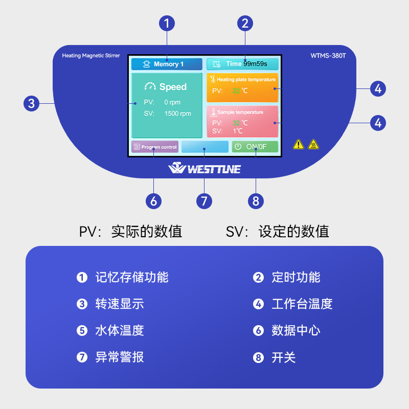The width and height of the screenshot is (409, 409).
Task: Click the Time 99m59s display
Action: tap(242, 64)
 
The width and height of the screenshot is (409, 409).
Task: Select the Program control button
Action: tap(155, 147)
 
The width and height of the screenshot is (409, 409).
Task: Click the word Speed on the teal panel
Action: tap(173, 87)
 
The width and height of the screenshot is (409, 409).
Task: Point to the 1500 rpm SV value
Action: tap(177, 113)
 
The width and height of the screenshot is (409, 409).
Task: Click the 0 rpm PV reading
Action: tap(172, 102)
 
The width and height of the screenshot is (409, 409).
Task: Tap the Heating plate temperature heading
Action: tap(246, 80)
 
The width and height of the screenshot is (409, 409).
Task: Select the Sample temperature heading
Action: tap(240, 112)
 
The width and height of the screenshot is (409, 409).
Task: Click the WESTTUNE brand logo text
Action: tap(204, 169)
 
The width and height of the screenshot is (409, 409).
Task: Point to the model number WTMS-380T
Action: tap(328, 56)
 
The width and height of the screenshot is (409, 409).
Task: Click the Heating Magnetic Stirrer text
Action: tap(90, 56)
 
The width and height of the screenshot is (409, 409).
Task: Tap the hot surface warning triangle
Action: tap(313, 144)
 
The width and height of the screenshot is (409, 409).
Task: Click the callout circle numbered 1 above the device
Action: tap(167, 23)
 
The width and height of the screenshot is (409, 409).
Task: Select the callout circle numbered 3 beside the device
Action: tap(32, 103)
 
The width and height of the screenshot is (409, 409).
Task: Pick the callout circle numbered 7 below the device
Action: tap(204, 200)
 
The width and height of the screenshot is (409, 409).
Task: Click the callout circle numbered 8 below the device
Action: tap(256, 200)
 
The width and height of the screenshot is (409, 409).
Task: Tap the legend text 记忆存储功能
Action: tap(131, 277)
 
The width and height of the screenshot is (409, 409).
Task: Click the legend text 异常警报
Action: tap(119, 357)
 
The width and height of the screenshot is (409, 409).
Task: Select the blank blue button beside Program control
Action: tap(204, 147)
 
